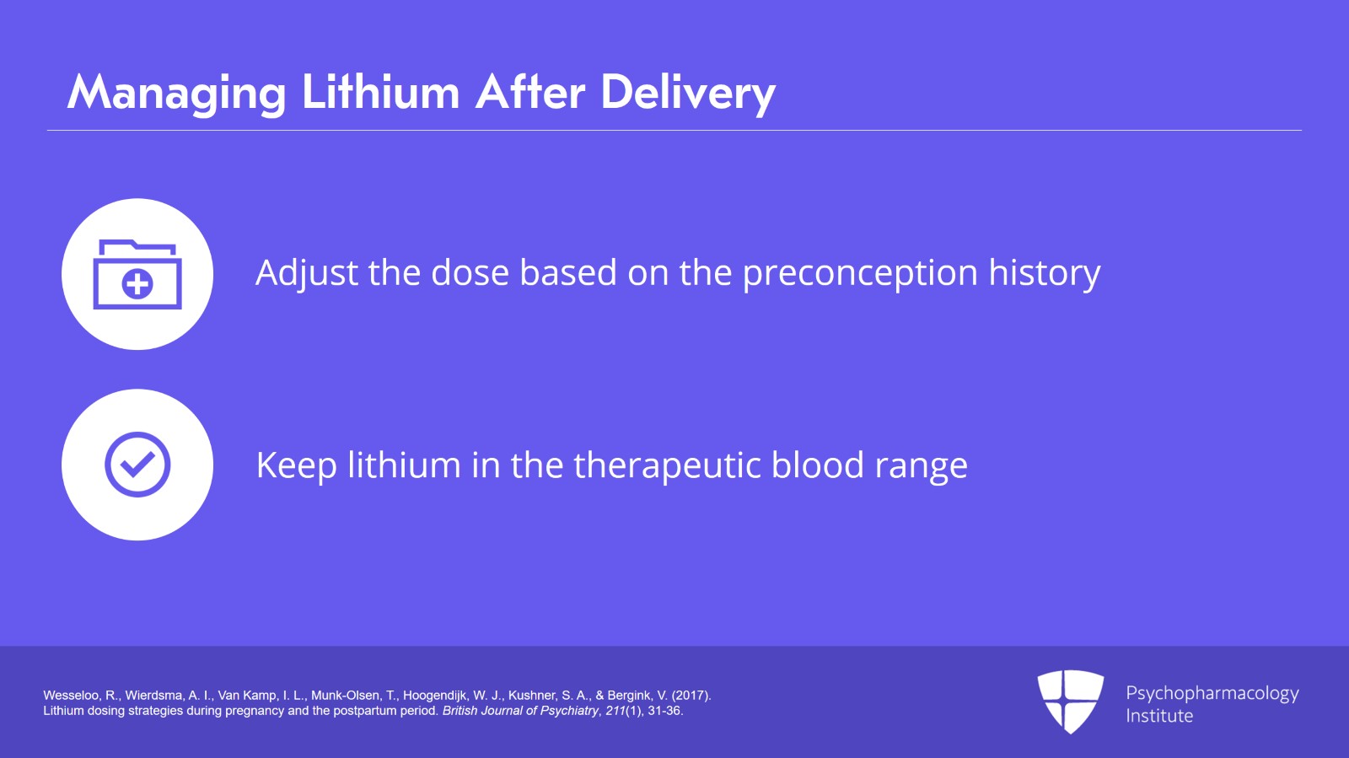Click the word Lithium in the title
pyautogui.click(x=380, y=92)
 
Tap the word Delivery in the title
pyautogui.click(x=688, y=92)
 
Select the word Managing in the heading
pyautogui.click(x=177, y=92)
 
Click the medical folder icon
pyautogui.click(x=137, y=275)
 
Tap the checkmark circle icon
pyautogui.click(x=137, y=465)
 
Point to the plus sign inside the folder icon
pyautogui.click(x=137, y=284)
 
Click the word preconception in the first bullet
pyautogui.click(x=860, y=273)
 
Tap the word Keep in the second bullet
pyautogui.click(x=296, y=465)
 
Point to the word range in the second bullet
pyautogui.click(x=921, y=465)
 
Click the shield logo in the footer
pyautogui.click(x=1070, y=701)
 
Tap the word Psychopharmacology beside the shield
pyautogui.click(x=1212, y=693)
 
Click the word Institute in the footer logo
pyautogui.click(x=1159, y=716)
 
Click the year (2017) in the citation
pyautogui.click(x=691, y=696)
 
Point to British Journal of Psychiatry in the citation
pyautogui.click(x=520, y=711)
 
